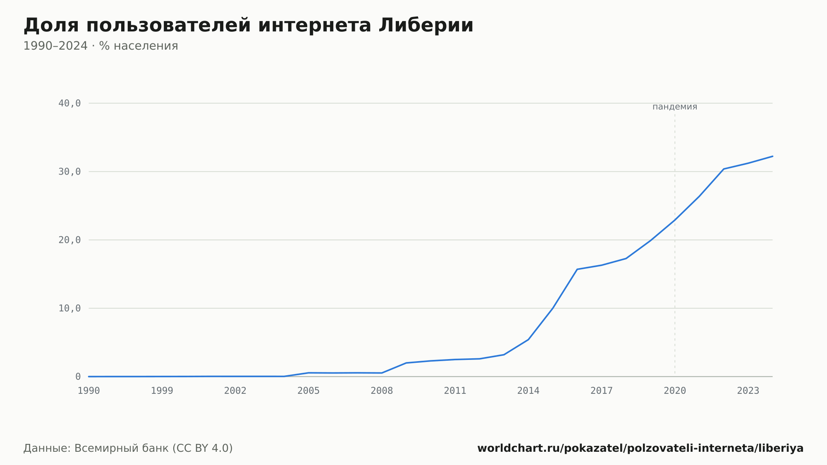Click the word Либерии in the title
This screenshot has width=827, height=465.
click(426, 25)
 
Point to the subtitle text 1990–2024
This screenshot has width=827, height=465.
click(55, 46)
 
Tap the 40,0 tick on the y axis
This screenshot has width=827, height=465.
click(69, 103)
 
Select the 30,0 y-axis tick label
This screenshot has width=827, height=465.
click(69, 172)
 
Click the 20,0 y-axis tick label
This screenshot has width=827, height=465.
click(69, 240)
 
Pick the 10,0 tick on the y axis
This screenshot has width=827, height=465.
click(69, 308)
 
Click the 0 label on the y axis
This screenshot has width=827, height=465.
click(78, 377)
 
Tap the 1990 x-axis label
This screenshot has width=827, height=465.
click(89, 391)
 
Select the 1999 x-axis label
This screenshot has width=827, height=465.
click(162, 391)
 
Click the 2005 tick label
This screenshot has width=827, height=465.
click(308, 391)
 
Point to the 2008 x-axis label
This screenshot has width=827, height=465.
click(382, 391)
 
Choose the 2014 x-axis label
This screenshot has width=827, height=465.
click(528, 391)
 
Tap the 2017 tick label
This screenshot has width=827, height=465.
click(602, 391)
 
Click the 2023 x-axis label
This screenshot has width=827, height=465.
click(748, 391)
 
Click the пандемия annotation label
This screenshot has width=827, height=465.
click(675, 107)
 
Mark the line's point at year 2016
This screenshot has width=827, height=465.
click(577, 269)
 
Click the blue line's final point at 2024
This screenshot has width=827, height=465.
click(772, 156)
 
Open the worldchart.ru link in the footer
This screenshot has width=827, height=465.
click(641, 448)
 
